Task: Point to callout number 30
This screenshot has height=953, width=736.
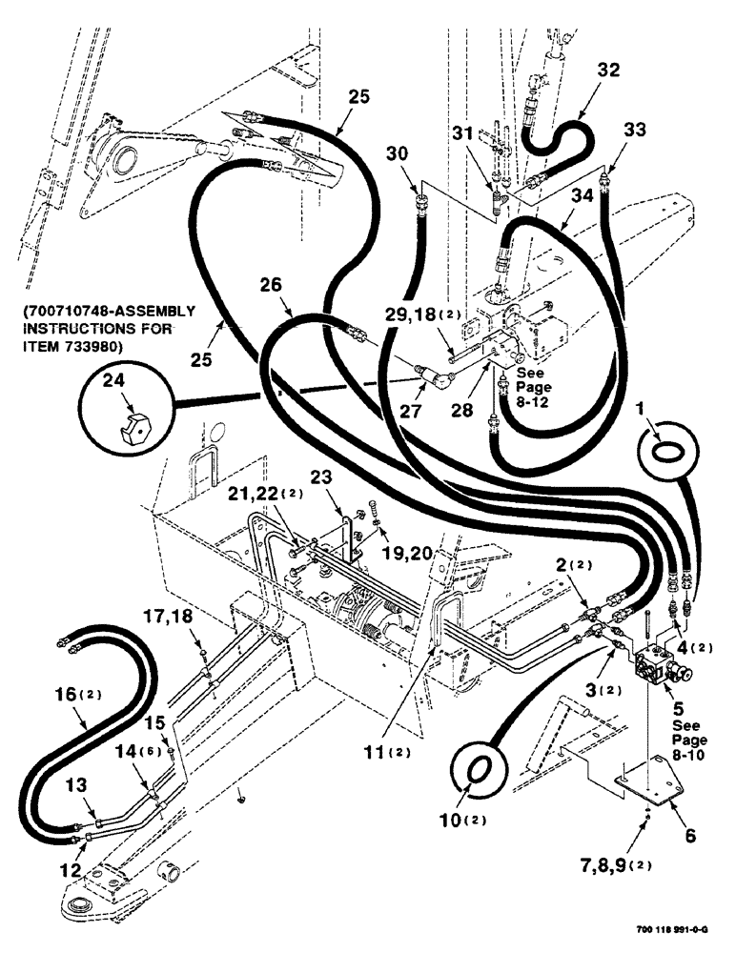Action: tap(397, 152)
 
